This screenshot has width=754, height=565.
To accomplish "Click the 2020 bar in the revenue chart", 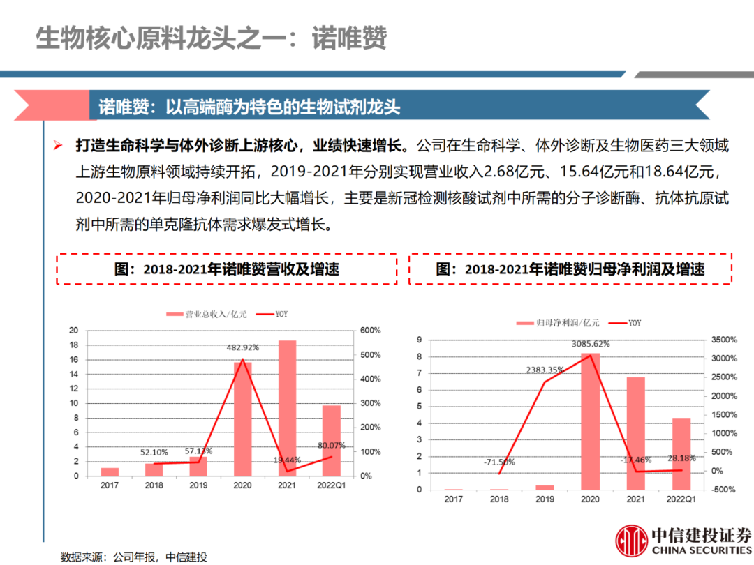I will click(242, 419).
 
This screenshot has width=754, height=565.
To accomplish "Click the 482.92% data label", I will click(243, 347).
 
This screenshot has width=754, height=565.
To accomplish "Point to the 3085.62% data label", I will click(591, 344).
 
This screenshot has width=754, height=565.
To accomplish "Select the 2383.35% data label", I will click(545, 370).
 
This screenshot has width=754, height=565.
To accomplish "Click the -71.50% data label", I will click(498, 462).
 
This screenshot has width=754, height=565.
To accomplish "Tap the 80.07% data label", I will click(332, 445).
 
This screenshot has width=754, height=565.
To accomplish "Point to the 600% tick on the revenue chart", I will click(370, 331).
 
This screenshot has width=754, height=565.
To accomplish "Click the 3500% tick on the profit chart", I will click(722, 340).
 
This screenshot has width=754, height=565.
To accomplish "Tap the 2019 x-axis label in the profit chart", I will click(545, 499).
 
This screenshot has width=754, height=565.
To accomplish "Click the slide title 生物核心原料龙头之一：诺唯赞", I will click(211, 38).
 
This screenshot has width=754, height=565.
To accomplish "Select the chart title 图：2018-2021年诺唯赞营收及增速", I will click(227, 269).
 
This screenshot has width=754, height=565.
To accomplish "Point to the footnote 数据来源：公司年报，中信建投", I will click(134, 557).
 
